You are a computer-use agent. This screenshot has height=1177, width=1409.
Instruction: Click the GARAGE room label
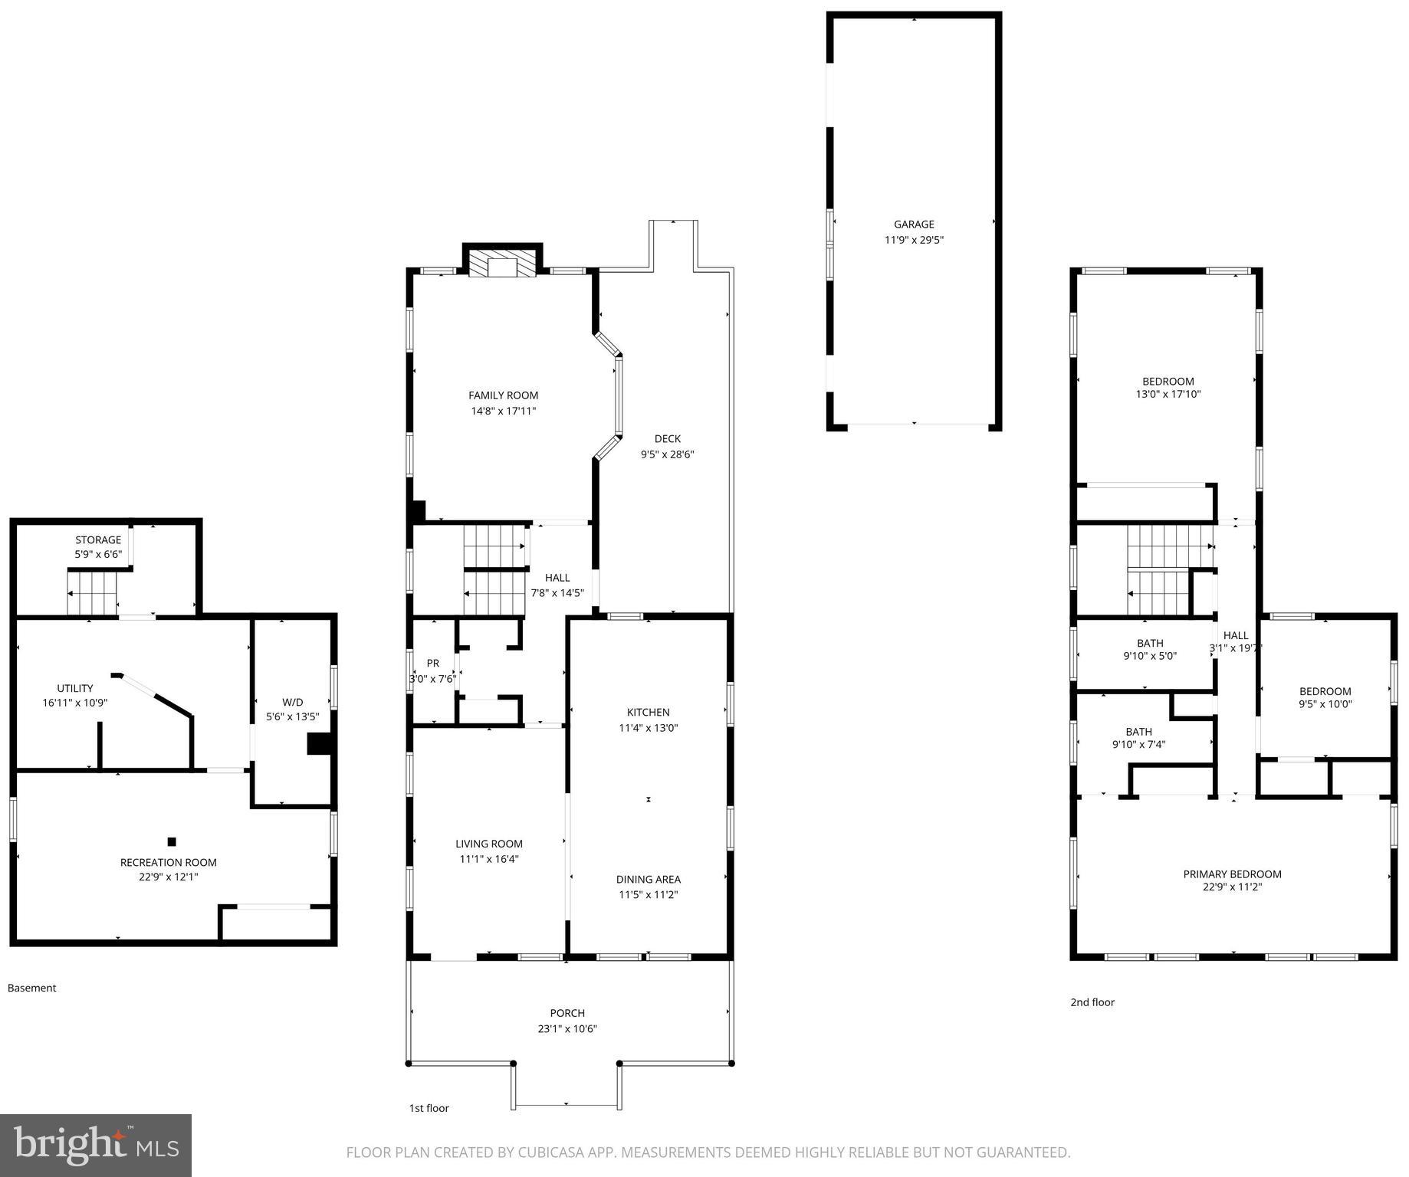click(x=913, y=225)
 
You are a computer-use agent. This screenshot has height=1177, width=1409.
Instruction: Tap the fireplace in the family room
click(x=503, y=265)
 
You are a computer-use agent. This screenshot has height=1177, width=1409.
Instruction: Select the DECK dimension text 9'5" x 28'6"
click(x=667, y=454)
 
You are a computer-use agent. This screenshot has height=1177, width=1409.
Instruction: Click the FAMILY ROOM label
click(x=503, y=395)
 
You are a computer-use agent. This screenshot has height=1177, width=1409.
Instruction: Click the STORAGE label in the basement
click(x=98, y=540)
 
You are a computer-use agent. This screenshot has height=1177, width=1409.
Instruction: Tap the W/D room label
click(x=292, y=702)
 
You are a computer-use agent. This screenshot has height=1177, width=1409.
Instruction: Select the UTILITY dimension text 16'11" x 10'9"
click(x=75, y=703)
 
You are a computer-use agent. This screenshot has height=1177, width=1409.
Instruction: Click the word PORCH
click(x=567, y=1013)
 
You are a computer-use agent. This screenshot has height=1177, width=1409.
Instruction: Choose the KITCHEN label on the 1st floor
click(x=648, y=713)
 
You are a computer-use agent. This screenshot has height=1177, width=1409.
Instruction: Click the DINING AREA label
click(x=648, y=880)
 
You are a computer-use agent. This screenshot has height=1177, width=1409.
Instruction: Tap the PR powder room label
click(x=433, y=664)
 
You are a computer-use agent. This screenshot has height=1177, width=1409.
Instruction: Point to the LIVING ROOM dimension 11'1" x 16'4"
click(x=489, y=859)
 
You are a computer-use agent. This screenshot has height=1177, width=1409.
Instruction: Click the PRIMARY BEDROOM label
click(x=1232, y=874)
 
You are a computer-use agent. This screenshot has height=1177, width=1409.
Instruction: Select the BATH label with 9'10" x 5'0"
click(x=1150, y=644)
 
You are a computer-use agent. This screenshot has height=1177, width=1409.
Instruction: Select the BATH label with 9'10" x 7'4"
click(x=1138, y=732)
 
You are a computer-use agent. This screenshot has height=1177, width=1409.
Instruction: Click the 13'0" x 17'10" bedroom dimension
click(x=1168, y=395)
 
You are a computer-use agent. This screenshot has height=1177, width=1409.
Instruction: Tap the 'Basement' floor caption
click(x=31, y=988)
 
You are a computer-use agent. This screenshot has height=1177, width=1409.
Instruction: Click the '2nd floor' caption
click(x=1092, y=1002)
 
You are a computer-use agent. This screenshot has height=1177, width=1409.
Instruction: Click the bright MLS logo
click(x=96, y=1145)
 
